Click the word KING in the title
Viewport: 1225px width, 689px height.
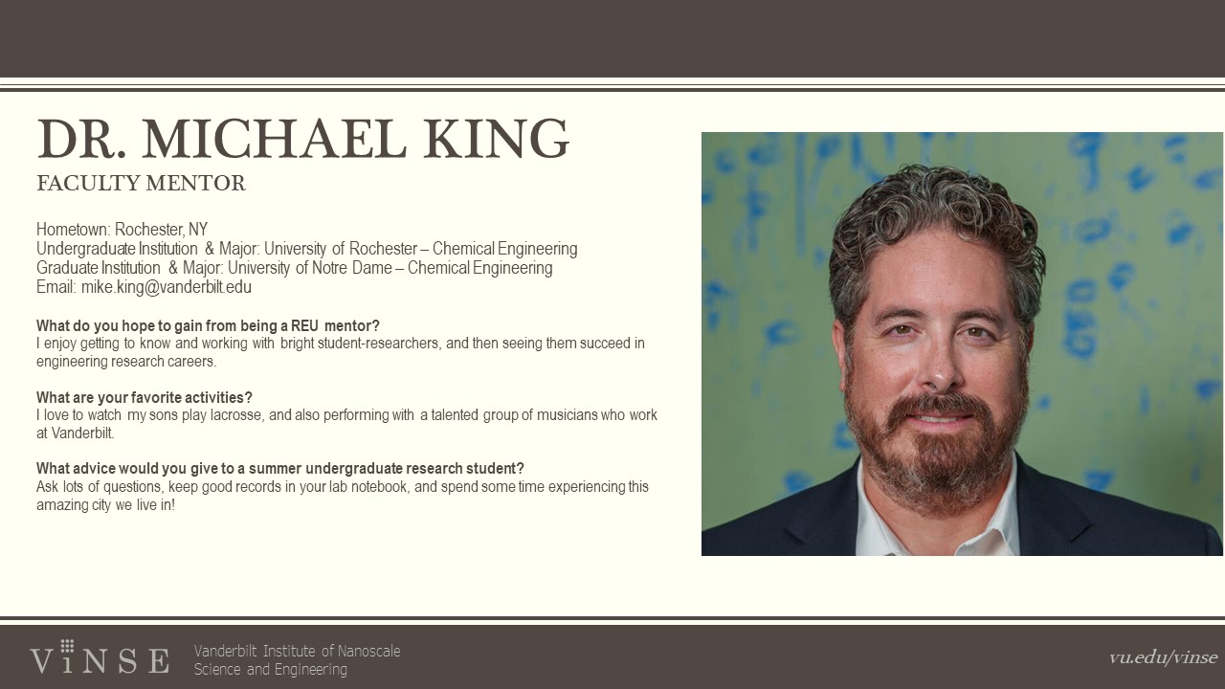(496, 139)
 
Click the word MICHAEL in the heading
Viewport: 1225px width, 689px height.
(275, 139)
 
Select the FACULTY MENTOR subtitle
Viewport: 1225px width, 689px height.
(141, 184)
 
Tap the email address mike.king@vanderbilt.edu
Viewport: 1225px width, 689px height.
(167, 287)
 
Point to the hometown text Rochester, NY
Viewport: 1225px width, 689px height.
(161, 230)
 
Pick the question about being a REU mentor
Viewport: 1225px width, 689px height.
(208, 326)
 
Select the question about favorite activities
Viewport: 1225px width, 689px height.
(145, 397)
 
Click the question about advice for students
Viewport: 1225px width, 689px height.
(280, 469)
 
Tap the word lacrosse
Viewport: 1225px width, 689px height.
(236, 415)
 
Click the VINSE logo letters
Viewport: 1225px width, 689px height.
(100, 658)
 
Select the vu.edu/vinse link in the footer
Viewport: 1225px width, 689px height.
(1163, 657)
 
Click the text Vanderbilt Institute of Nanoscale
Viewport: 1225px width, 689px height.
(297, 652)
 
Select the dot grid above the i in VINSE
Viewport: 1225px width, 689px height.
(67, 646)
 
